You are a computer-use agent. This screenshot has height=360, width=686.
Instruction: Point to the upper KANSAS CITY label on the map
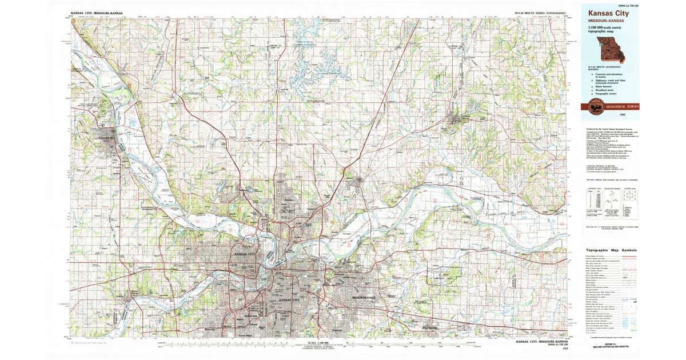click(245, 253)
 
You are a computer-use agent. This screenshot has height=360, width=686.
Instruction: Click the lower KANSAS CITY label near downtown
click(289, 300)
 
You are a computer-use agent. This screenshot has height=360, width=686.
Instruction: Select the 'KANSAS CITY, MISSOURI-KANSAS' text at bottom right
click(540, 341)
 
